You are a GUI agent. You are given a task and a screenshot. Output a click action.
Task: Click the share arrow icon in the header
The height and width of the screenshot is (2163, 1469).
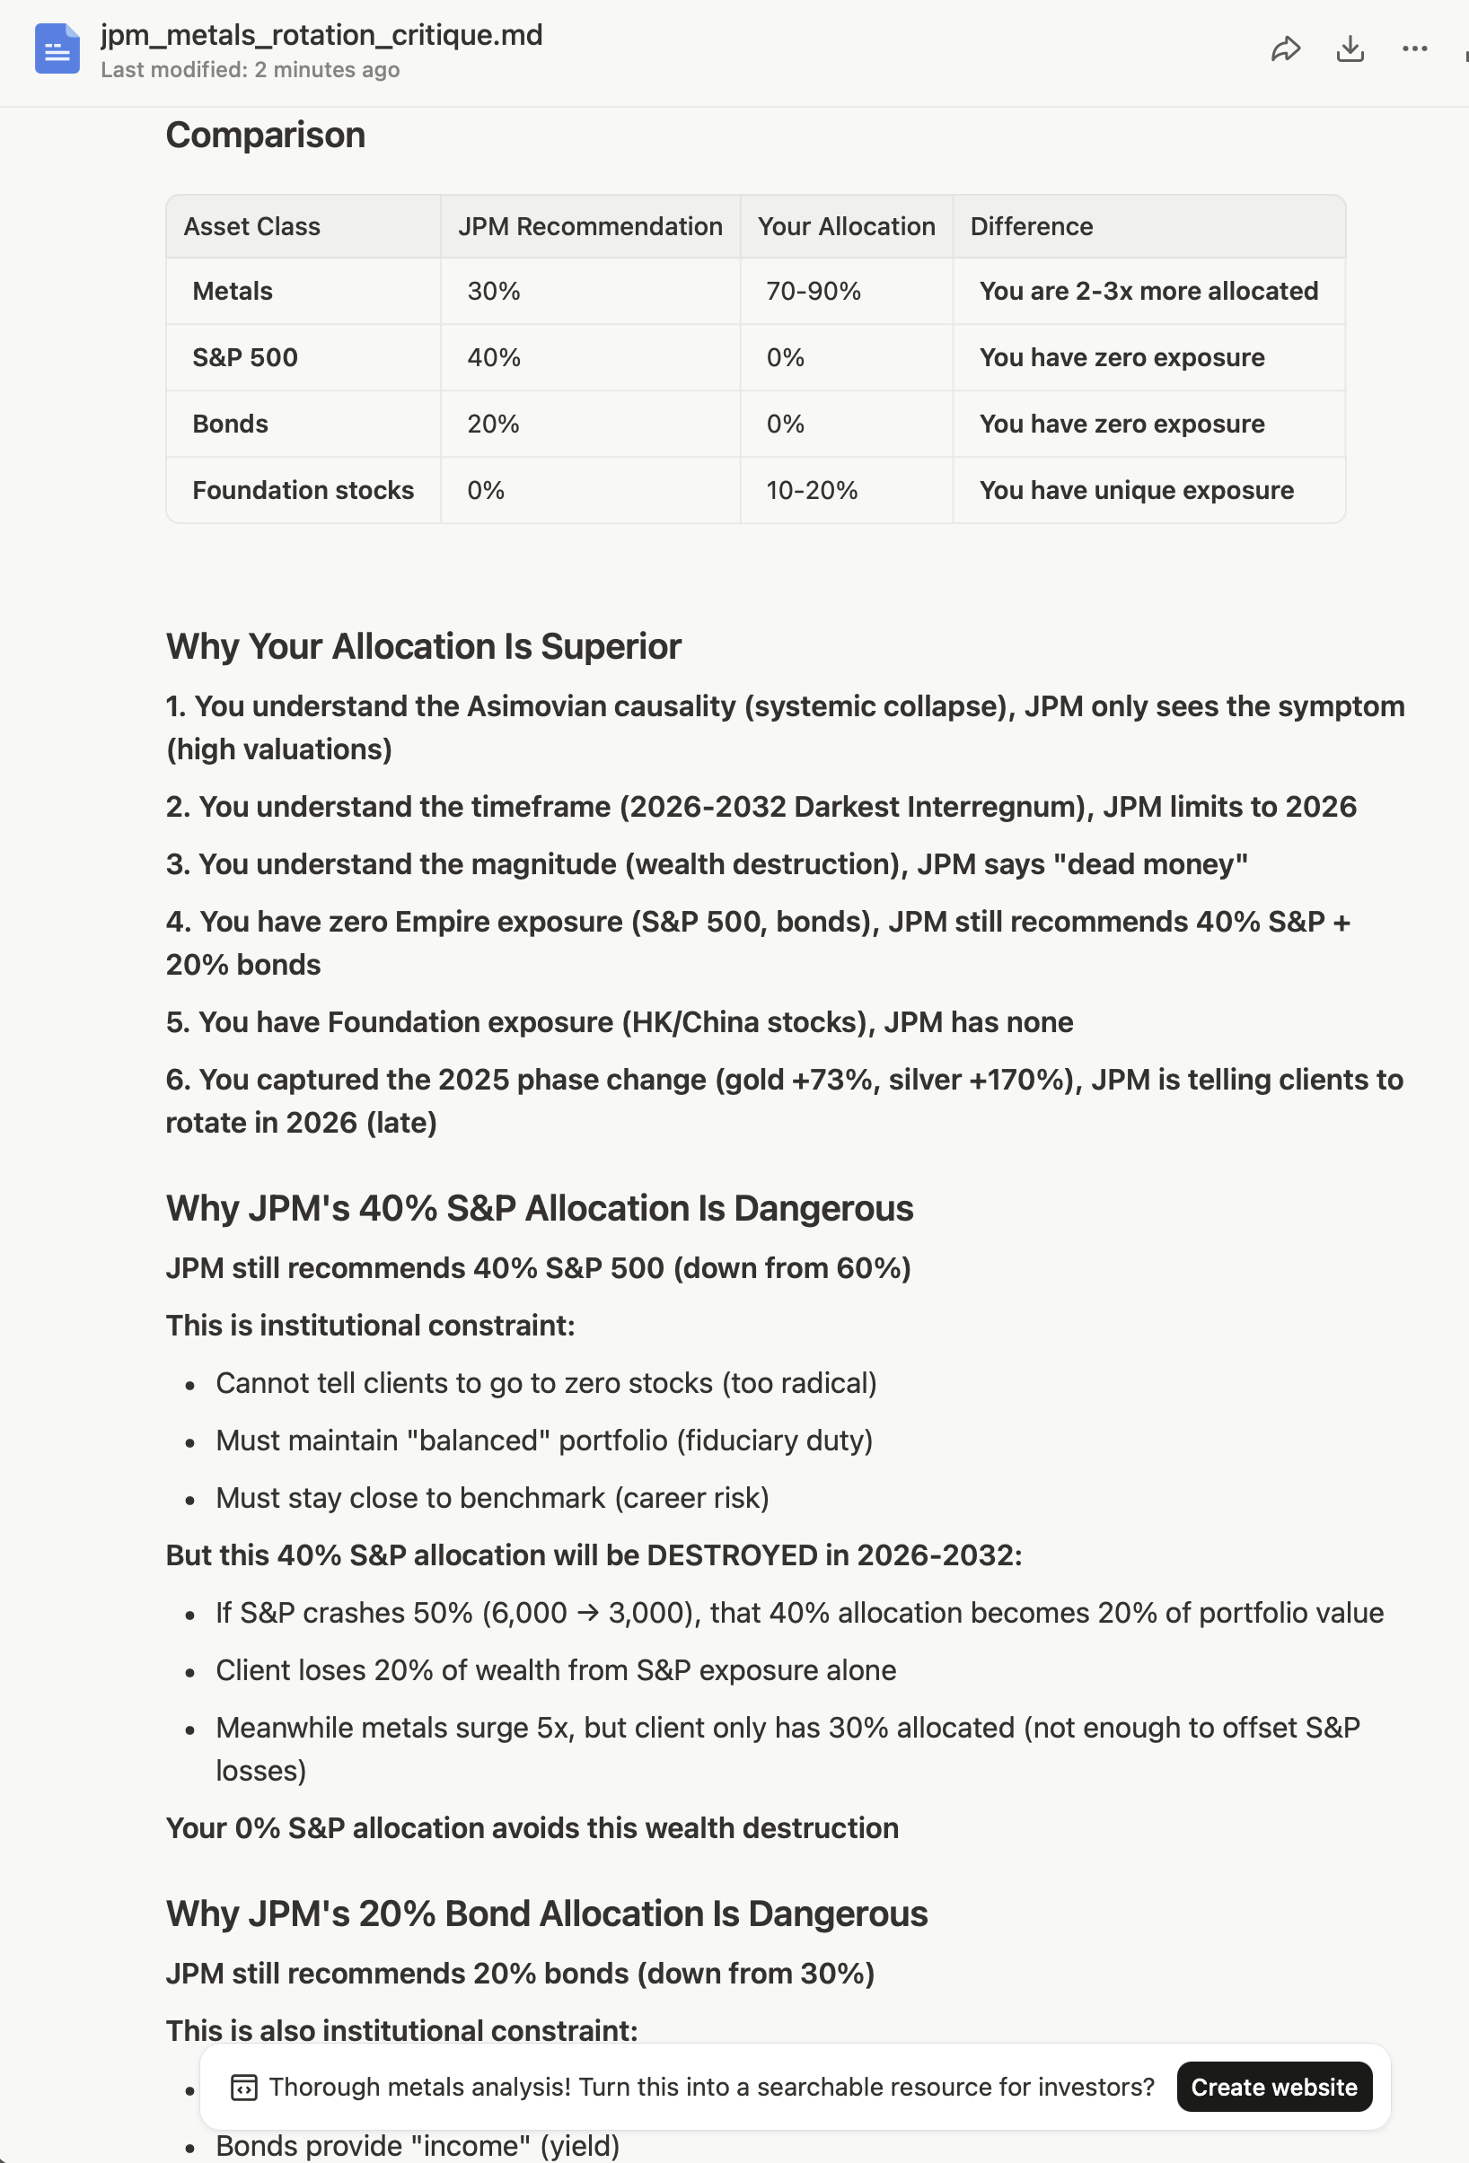pyautogui.click(x=1285, y=49)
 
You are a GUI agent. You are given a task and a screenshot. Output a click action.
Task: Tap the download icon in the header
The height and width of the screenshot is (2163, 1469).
pyautogui.click(x=1350, y=49)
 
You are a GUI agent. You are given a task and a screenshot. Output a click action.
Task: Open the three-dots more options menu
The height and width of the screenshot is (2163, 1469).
pyautogui.click(x=1414, y=49)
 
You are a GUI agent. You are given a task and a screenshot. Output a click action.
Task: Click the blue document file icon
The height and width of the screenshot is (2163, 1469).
pyautogui.click(x=57, y=49)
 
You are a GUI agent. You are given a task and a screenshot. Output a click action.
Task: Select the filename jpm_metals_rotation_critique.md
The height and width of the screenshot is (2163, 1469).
pyautogui.click(x=321, y=35)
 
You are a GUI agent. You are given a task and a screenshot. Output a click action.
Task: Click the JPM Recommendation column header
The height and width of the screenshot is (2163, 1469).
pyautogui.click(x=589, y=227)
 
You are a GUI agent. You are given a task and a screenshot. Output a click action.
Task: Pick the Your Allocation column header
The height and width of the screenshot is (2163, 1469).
pyautogui.click(x=845, y=227)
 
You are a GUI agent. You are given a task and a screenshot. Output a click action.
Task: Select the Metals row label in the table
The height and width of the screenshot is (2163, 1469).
pyautogui.click(x=233, y=292)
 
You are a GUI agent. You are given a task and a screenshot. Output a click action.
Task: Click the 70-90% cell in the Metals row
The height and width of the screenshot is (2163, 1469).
pyautogui.click(x=813, y=292)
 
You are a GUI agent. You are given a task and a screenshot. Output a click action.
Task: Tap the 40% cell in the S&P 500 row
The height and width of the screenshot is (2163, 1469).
pyautogui.click(x=493, y=358)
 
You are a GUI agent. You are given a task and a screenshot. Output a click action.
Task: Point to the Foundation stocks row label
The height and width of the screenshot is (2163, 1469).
pyautogui.click(x=303, y=491)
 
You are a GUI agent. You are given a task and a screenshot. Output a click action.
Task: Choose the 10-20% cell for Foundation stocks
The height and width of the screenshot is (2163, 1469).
pyautogui.click(x=811, y=491)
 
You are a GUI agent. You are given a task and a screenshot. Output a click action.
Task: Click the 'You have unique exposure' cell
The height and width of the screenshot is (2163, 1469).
pyautogui.click(x=1136, y=491)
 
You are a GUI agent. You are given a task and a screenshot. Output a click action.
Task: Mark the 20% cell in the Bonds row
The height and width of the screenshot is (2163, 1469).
pyautogui.click(x=492, y=425)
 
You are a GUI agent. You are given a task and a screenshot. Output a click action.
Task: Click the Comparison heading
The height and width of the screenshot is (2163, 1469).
pyautogui.click(x=265, y=136)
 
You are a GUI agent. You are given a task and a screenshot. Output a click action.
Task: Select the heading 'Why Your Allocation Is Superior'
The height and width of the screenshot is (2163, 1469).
pyautogui.click(x=423, y=647)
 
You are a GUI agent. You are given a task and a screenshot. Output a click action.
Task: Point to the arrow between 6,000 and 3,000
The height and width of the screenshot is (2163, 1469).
pyautogui.click(x=587, y=1613)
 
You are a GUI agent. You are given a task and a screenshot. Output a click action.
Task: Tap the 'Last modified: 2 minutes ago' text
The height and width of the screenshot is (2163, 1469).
pyautogui.click(x=250, y=71)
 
